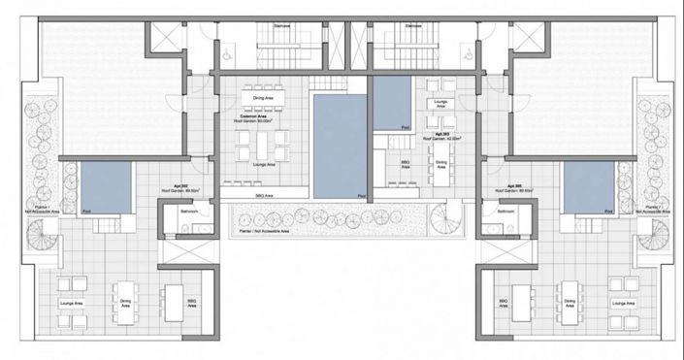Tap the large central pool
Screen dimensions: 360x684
340,143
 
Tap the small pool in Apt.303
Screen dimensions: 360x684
394,103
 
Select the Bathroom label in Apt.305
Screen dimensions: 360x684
505,211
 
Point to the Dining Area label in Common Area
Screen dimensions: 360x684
263,98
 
